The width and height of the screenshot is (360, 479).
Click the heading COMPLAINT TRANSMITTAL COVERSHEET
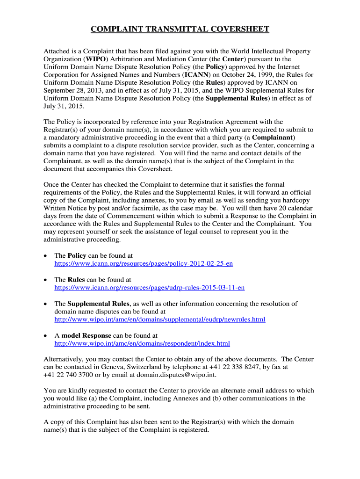pyautogui.click(x=180, y=29)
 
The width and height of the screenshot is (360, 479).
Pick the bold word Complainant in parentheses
pyautogui.click(x=274, y=138)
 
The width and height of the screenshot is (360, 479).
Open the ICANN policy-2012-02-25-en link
pyautogui.click(x=144, y=264)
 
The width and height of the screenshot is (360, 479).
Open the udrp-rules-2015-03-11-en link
pyautogui.click(x=150, y=288)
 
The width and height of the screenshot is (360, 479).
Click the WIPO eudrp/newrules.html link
pyautogui.click(x=160, y=319)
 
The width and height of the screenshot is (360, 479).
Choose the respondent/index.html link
pyautogui.click(x=142, y=343)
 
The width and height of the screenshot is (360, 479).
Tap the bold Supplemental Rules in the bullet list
pyautogui.click(x=98, y=304)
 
